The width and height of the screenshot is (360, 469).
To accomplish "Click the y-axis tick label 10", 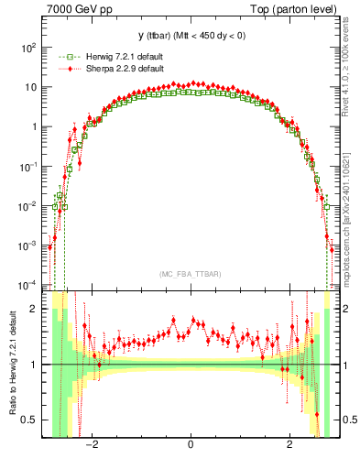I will tap(32, 87).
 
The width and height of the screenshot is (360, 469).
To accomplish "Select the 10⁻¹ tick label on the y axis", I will tap(29, 167).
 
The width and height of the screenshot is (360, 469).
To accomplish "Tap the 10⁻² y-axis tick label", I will tap(29, 206).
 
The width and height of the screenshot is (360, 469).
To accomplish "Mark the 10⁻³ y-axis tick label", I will tap(29, 246).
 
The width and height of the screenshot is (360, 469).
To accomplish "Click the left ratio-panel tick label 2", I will tap(37, 309).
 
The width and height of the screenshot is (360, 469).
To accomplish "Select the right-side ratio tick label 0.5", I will tap(346, 420).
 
